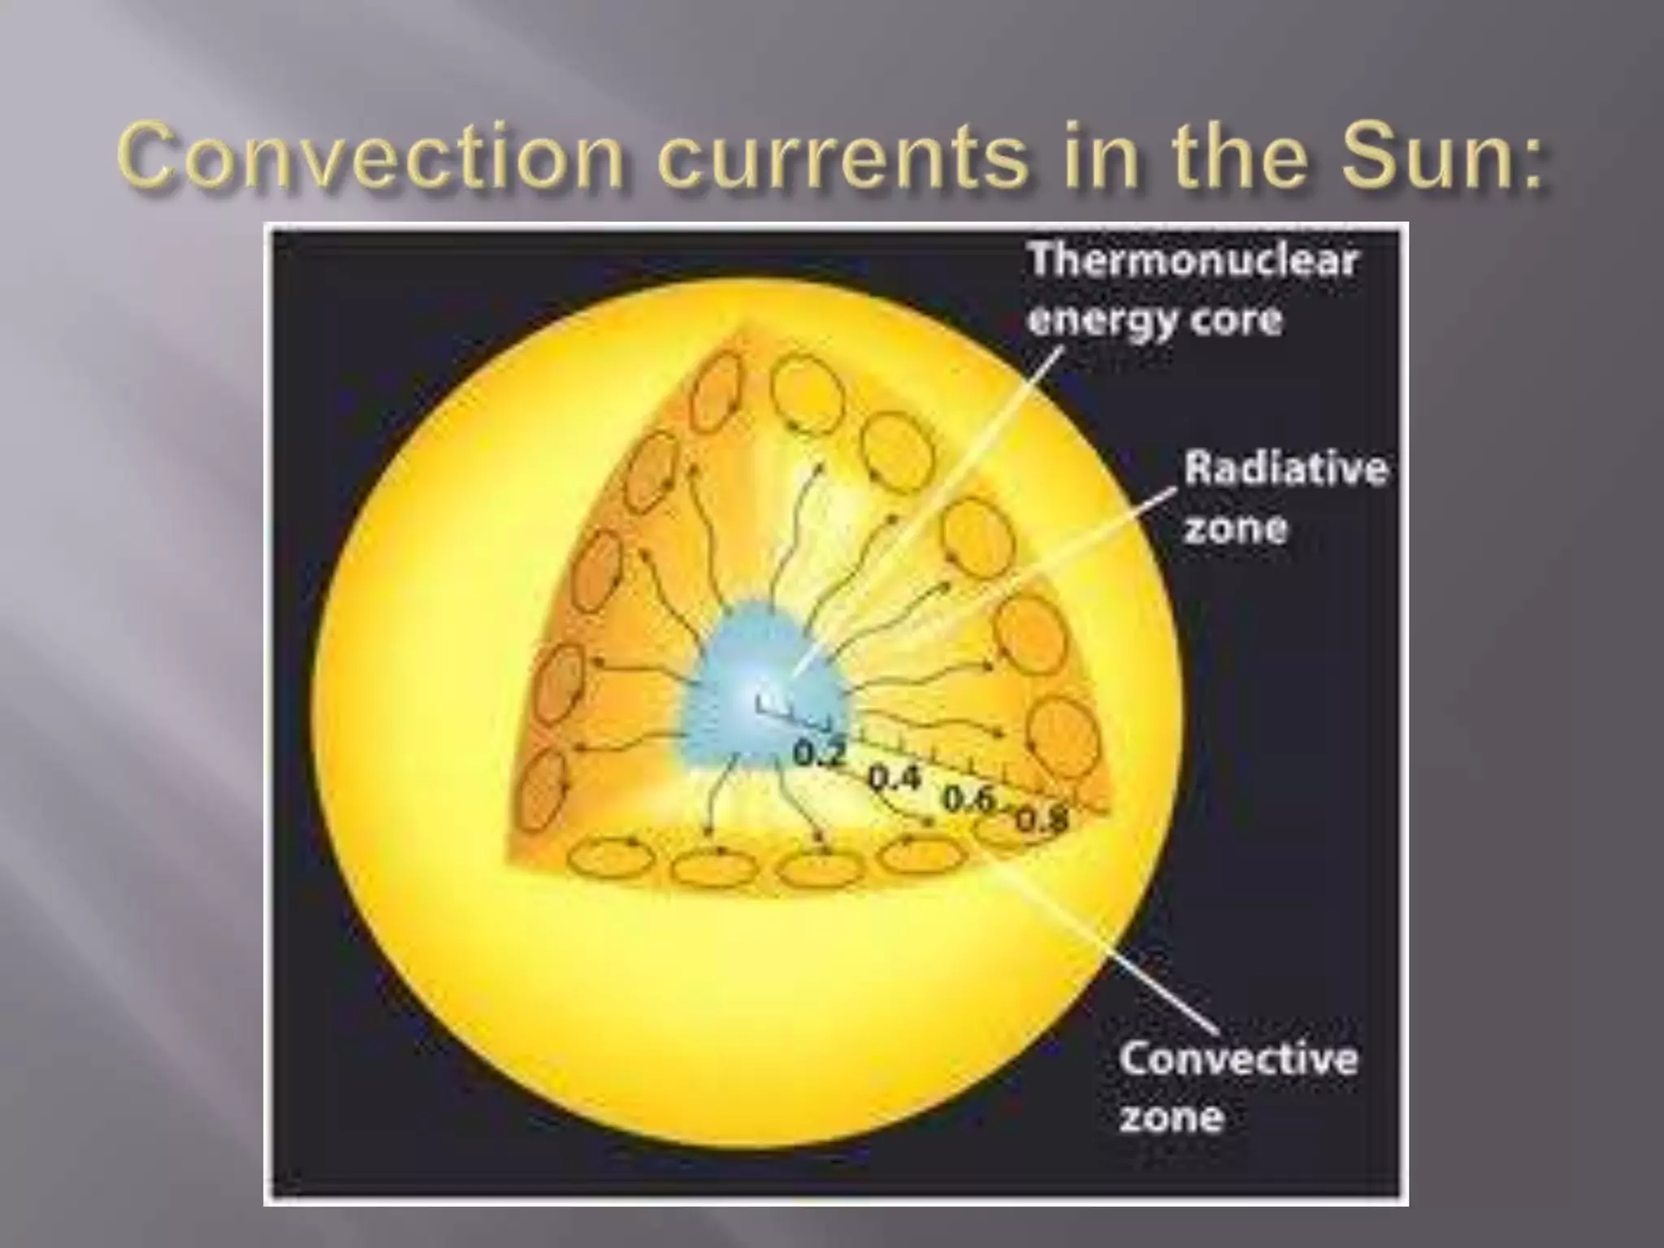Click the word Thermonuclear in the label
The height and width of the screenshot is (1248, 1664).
1193,262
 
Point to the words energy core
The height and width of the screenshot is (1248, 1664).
1155,319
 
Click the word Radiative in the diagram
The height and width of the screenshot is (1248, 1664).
1285,470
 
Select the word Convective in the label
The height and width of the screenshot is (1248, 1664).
1237,1059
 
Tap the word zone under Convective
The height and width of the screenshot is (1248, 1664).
1171,1117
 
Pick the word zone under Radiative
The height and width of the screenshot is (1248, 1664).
1235,528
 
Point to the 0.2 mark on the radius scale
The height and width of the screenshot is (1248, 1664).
819,752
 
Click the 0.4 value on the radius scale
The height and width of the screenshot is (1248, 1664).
895,778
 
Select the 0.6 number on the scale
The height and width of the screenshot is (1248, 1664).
968,799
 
